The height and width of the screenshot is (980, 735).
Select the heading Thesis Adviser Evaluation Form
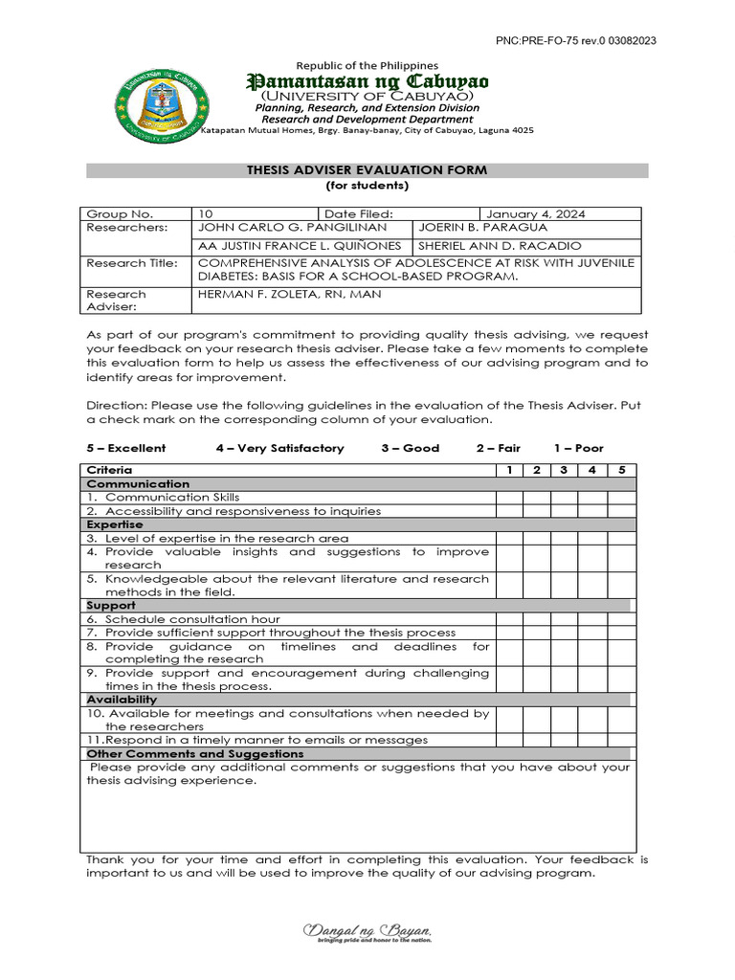click(367, 170)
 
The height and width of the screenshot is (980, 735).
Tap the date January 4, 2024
click(536, 214)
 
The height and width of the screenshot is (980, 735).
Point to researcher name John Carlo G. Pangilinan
click(292, 228)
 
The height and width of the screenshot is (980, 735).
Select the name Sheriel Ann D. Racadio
click(499, 245)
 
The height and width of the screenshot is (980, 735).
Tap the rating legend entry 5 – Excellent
click(126, 448)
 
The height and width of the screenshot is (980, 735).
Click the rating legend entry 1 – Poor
click(578, 448)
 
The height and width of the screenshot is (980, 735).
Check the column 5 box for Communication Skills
click(621, 498)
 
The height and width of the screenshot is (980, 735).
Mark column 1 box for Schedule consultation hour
click(509, 619)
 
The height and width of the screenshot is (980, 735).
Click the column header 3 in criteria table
click(565, 470)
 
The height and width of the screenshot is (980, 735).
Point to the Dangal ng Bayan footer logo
click(367, 933)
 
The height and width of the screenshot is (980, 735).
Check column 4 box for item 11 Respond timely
click(592, 740)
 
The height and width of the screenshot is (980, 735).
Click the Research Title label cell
click(132, 263)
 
